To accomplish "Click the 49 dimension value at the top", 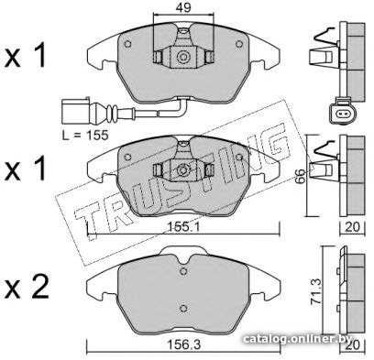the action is [183, 8].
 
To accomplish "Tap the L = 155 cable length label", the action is [85, 135].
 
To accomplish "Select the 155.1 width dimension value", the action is [183, 227].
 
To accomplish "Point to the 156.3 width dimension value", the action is [183, 345].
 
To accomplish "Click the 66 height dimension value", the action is [301, 176].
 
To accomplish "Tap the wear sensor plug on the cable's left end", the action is [76, 111].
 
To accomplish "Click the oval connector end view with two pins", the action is [341, 115].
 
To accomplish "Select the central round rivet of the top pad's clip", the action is [183, 57].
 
